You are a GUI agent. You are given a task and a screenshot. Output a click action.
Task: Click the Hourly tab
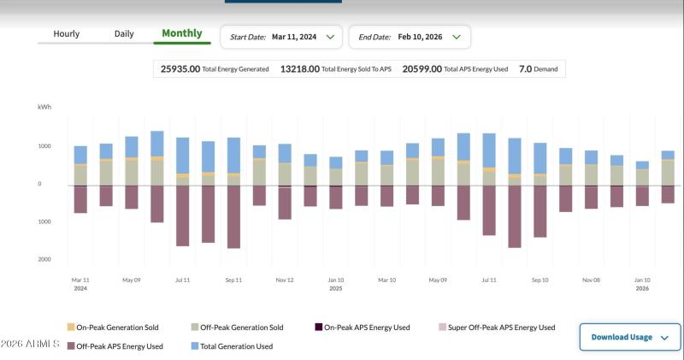[66, 34]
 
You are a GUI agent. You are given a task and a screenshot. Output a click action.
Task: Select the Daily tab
[124, 34]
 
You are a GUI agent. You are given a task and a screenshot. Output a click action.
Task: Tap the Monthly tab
[182, 34]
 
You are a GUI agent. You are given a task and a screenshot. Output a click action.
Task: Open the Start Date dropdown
[281, 37]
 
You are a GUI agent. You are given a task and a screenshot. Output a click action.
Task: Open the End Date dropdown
[409, 37]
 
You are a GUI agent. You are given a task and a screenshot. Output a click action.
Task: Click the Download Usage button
[629, 337]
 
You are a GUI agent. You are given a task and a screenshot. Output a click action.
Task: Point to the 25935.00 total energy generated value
[180, 69]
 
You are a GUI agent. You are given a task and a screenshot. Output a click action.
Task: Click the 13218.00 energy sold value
[299, 69]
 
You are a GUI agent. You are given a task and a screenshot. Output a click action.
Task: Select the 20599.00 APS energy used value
[422, 69]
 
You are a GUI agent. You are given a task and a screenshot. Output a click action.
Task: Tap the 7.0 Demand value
[526, 69]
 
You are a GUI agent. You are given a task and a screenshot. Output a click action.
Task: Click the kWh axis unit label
[44, 107]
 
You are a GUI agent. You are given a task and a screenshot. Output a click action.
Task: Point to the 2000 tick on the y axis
[44, 259]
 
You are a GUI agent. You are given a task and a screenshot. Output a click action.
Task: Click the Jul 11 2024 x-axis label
[182, 280]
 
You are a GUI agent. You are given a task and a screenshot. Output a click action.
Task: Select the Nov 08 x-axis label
[591, 280]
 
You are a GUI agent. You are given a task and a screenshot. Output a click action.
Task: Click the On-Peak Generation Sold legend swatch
[71, 328]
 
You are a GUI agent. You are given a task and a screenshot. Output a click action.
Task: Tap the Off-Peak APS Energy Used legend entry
[120, 346]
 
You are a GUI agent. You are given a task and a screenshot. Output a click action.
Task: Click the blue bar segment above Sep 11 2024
[233, 156]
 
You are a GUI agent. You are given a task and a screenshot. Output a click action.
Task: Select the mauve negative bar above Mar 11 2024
[80, 199]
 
